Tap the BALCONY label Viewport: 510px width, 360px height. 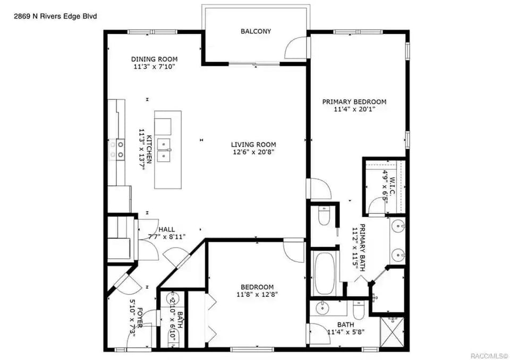256,31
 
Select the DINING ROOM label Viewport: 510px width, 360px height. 154,59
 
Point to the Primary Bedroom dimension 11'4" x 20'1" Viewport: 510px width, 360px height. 354,110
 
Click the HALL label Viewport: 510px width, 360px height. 166,229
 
